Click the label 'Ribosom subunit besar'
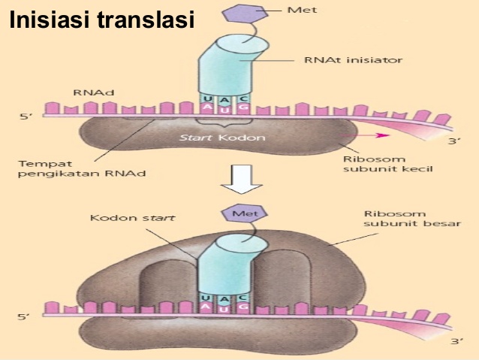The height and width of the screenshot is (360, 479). (390, 218)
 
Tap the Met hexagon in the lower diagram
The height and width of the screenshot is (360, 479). (239, 214)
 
